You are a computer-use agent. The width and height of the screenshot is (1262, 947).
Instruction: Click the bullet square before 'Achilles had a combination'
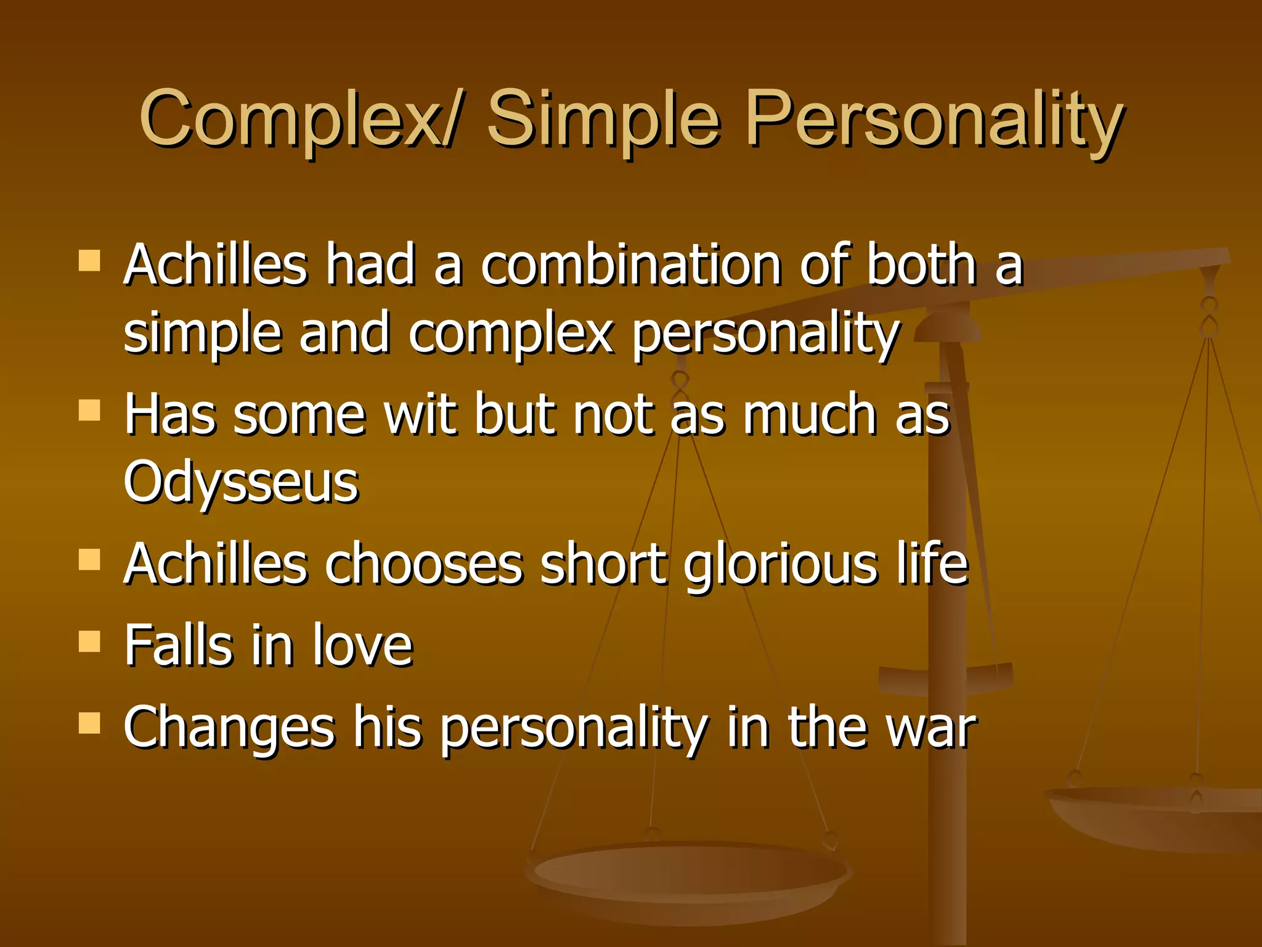pyautogui.click(x=89, y=261)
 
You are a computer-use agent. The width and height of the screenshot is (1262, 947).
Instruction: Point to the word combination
pyautogui.click(x=631, y=265)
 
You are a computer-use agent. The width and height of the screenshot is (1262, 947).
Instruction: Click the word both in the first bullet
pyautogui.click(x=921, y=265)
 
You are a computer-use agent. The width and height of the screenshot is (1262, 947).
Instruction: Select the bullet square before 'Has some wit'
pyautogui.click(x=89, y=410)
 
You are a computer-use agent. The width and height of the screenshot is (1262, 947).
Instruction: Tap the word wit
pyautogui.click(x=421, y=414)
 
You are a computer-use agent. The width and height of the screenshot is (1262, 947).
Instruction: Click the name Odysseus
pyautogui.click(x=241, y=482)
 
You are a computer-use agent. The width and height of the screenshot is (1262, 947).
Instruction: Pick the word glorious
pyautogui.click(x=780, y=564)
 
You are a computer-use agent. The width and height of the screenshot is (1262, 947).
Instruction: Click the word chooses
pyautogui.click(x=423, y=564)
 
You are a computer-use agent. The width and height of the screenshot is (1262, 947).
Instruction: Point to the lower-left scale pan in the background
pyautogui.click(x=687, y=875)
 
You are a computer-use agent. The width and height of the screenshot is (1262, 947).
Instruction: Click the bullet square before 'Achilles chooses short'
pyautogui.click(x=89, y=560)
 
